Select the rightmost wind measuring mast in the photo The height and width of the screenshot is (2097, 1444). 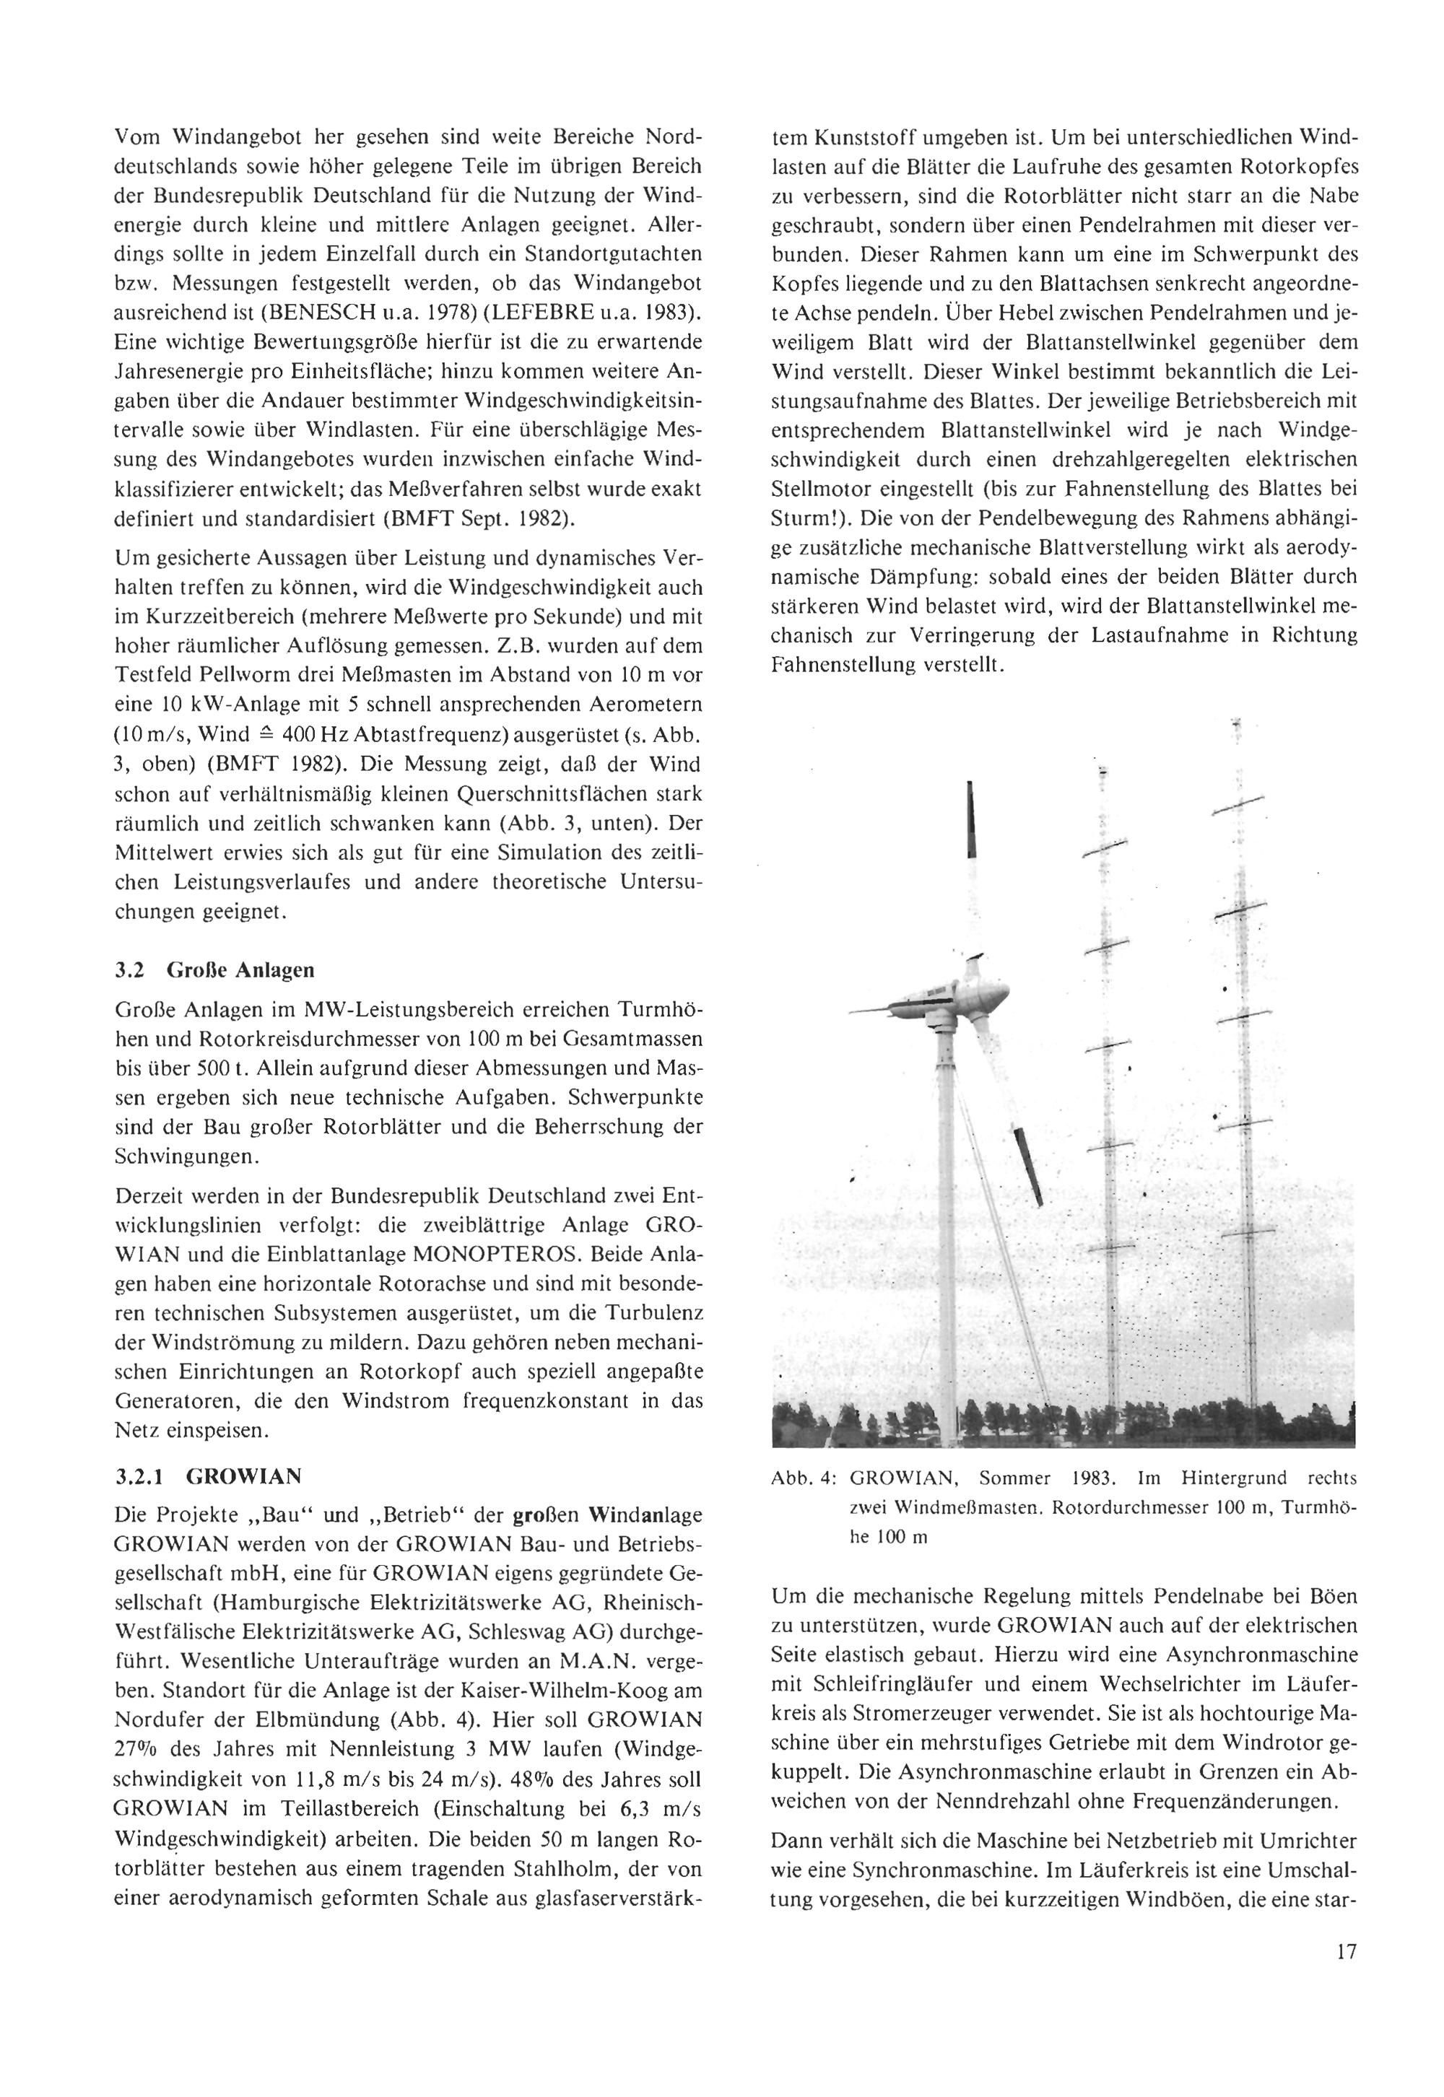point(1245,1086)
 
